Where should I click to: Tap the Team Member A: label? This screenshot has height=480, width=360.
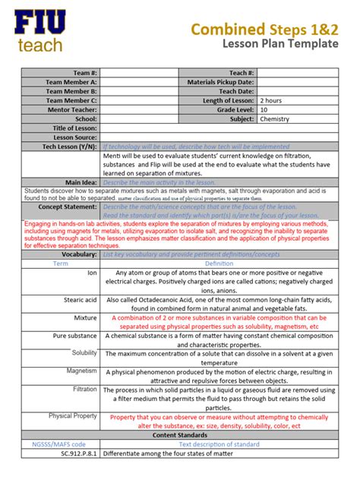point(71,81)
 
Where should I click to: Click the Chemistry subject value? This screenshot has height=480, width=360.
point(274,119)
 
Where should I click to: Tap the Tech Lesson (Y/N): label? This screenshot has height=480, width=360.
point(68,146)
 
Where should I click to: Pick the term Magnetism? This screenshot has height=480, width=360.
point(81,371)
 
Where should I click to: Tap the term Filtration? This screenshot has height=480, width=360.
point(84,389)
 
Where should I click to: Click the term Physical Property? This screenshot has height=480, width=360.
point(73,416)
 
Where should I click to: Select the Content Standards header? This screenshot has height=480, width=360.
point(180,435)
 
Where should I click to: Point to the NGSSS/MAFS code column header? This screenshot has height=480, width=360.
point(59,444)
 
